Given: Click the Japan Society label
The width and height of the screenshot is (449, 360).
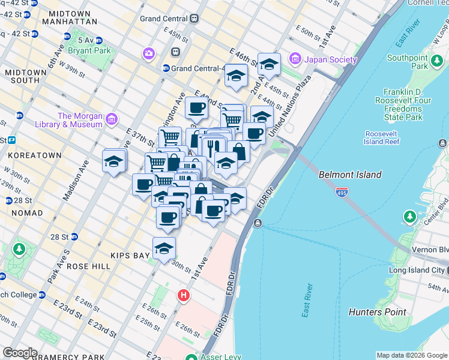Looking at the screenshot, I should [x=330, y=59].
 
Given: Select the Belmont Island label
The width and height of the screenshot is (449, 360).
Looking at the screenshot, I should [x=350, y=175].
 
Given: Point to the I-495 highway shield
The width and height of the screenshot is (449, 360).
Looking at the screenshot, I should [x=342, y=193].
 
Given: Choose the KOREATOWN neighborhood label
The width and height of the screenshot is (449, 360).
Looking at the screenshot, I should [x=35, y=155].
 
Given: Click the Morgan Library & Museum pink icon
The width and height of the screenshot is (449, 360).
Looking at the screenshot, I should [x=111, y=120].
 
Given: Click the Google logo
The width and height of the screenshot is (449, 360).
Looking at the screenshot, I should [x=19, y=353].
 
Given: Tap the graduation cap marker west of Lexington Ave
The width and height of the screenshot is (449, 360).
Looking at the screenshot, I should [x=114, y=161].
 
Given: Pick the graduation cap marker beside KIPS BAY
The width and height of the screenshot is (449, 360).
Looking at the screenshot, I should [x=164, y=248].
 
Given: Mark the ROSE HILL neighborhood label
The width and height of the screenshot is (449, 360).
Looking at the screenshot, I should [x=89, y=266].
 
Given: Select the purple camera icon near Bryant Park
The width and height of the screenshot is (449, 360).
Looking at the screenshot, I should [x=149, y=55].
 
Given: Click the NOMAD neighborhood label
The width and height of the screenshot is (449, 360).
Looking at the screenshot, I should [x=26, y=213].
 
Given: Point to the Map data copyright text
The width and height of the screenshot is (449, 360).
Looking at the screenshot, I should [x=411, y=355].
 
